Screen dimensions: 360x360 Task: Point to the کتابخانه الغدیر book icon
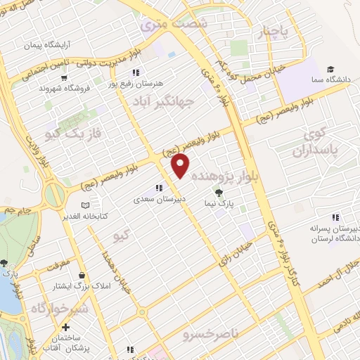click(85, 205)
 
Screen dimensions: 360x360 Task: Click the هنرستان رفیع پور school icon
click(135, 72)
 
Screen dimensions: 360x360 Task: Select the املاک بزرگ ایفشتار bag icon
click(84, 275)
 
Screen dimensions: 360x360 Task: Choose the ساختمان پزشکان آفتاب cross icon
click(65, 327)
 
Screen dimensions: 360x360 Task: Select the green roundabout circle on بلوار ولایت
click(55, 195)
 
